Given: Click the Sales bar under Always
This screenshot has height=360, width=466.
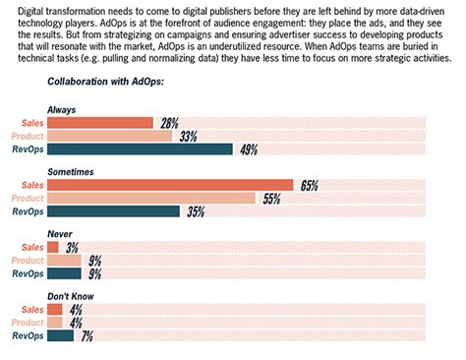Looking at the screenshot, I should pyautogui.click(x=100, y=123).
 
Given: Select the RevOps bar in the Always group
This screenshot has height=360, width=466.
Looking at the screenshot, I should pyautogui.click(x=140, y=150).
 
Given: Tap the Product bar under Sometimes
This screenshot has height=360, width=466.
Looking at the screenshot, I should pyautogui.click(x=151, y=198).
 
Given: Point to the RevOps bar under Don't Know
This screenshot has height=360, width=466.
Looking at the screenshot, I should pyautogui.click(x=61, y=335).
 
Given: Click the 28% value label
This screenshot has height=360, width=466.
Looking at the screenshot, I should pyautogui.click(x=170, y=123).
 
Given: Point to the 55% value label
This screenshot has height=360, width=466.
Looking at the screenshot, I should pyautogui.click(x=272, y=198).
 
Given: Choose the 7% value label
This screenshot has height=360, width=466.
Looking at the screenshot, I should pyautogui.click(x=87, y=335).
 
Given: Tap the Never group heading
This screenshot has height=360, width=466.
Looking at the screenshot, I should pyautogui.click(x=59, y=234).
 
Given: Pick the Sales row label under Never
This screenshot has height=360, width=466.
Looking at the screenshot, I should pyautogui.click(x=31, y=248).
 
